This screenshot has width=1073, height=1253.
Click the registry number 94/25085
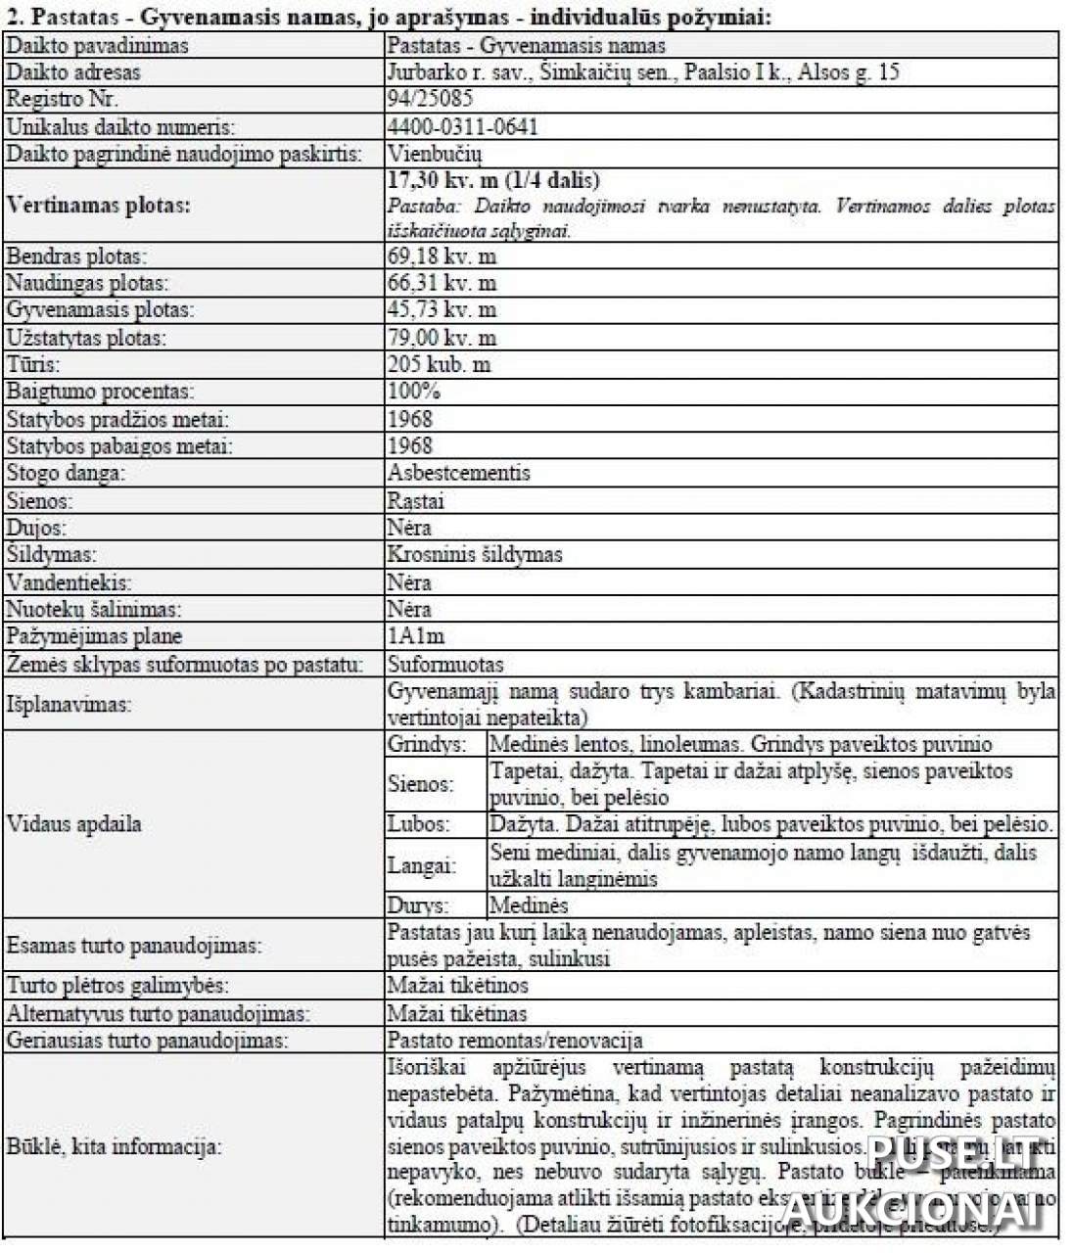(x=430, y=99)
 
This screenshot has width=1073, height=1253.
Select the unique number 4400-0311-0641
(x=462, y=126)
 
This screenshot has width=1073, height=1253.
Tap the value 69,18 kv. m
(x=442, y=256)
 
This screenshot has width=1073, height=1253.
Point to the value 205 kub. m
(x=439, y=364)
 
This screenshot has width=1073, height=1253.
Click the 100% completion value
(x=414, y=392)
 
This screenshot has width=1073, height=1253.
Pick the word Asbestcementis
(x=458, y=473)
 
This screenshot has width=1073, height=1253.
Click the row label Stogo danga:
(x=67, y=473)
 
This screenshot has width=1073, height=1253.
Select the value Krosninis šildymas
(x=475, y=554)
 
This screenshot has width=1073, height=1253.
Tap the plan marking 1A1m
(x=415, y=636)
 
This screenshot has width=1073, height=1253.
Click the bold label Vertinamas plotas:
(x=98, y=206)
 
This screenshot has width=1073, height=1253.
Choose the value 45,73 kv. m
(x=442, y=310)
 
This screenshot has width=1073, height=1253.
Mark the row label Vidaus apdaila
(x=74, y=823)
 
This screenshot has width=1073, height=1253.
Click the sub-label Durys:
(x=418, y=905)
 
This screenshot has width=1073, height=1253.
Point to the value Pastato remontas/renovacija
(x=515, y=1040)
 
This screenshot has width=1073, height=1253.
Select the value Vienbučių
(x=435, y=154)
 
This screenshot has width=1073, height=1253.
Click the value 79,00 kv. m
(x=442, y=338)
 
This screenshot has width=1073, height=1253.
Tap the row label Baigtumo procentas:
(x=100, y=392)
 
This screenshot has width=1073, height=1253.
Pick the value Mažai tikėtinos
(x=457, y=985)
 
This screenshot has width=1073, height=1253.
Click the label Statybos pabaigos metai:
(x=119, y=446)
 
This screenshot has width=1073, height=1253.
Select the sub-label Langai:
(x=422, y=865)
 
